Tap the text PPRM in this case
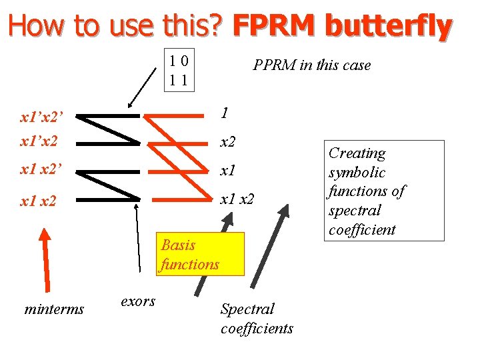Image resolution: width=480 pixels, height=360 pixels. [x=311, y=65]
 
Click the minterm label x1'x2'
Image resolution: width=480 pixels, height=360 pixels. [x=41, y=119]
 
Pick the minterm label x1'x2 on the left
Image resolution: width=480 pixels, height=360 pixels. [x=39, y=142]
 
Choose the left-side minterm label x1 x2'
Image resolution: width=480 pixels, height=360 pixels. [x=41, y=170]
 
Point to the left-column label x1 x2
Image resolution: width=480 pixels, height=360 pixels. [x=39, y=200]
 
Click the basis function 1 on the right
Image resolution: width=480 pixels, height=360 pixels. [x=225, y=113]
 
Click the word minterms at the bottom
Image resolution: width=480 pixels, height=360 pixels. [x=54, y=309]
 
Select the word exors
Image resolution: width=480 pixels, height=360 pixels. [x=138, y=301]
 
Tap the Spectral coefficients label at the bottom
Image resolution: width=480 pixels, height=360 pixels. [x=257, y=318]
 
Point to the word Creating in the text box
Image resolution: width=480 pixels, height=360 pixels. [x=357, y=153]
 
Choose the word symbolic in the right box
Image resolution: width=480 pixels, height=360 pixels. [x=357, y=173]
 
